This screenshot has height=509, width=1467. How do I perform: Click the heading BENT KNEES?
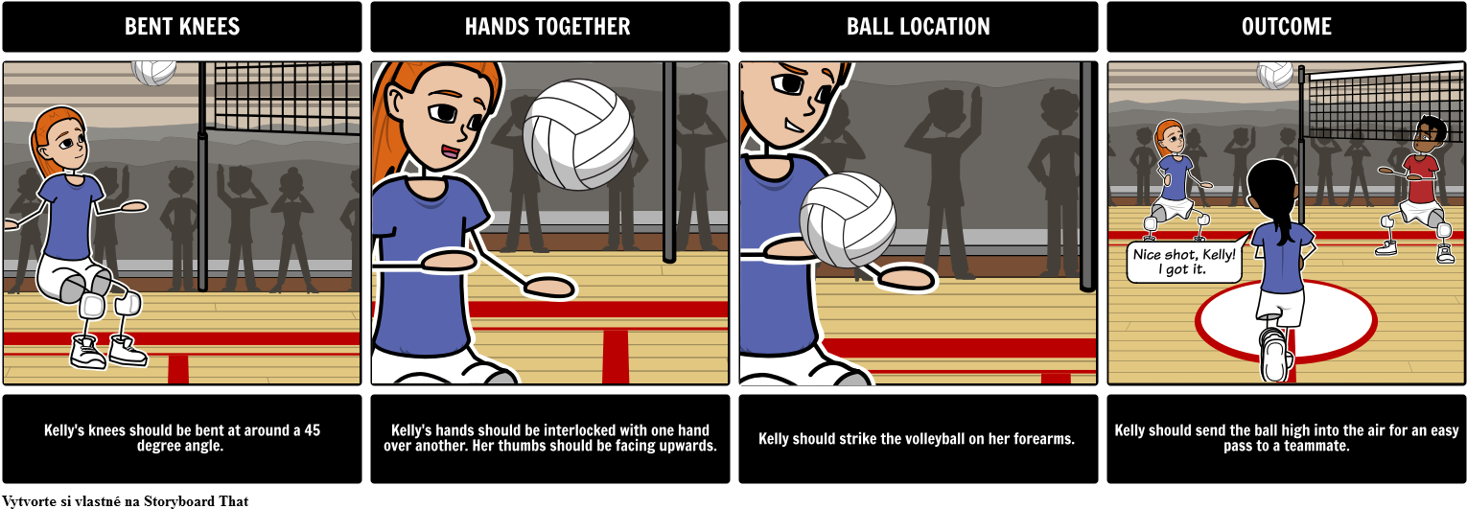click(x=182, y=26)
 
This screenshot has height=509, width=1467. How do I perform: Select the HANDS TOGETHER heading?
click(x=547, y=26)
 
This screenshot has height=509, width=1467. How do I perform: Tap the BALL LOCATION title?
click(x=919, y=26)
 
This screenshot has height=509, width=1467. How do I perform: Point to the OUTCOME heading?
click(x=1286, y=26)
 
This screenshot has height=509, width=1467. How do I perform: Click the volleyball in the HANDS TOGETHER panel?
click(x=578, y=134)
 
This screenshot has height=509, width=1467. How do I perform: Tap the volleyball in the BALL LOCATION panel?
click(x=848, y=220)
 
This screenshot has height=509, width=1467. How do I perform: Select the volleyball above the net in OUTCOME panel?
click(x=1274, y=75)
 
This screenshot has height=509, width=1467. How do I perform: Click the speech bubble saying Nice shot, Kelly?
click(x=1185, y=262)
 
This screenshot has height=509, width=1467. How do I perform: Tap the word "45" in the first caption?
click(x=313, y=430)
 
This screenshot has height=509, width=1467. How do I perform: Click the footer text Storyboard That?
click(x=196, y=501)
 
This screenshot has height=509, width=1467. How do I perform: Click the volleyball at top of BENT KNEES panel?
click(x=154, y=72)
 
